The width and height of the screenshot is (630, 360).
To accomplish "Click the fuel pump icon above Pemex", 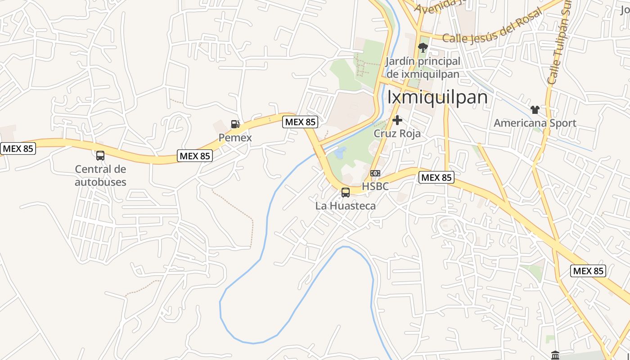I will pos(234,124).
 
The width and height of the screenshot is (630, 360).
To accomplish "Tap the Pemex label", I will pos(235,138).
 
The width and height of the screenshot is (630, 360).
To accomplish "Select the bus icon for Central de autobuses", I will pos(100,156).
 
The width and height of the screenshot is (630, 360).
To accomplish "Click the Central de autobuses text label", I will pos(100,175).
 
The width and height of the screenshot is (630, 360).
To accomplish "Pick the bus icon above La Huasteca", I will pos(345,193).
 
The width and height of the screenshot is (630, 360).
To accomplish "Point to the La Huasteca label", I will pos(345,206).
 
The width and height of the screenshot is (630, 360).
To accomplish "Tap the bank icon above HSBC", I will pos(375,173).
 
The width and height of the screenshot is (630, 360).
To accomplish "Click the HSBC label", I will pos(375,186).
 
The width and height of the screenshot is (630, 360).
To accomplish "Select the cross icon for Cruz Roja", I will pos(397,120).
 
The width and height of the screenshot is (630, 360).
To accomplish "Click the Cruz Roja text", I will pos(397,134).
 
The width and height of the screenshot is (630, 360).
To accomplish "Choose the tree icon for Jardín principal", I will pos(423,47).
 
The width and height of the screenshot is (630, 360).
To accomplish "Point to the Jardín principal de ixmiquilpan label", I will pos(423,67).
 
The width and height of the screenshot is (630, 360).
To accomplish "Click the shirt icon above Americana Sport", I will pos(535,109).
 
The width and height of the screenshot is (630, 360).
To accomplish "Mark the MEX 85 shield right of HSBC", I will pos(436,177).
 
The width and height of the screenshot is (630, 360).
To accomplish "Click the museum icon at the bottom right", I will pos(555,355).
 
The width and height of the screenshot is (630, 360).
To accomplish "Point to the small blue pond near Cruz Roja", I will pos(340,153).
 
